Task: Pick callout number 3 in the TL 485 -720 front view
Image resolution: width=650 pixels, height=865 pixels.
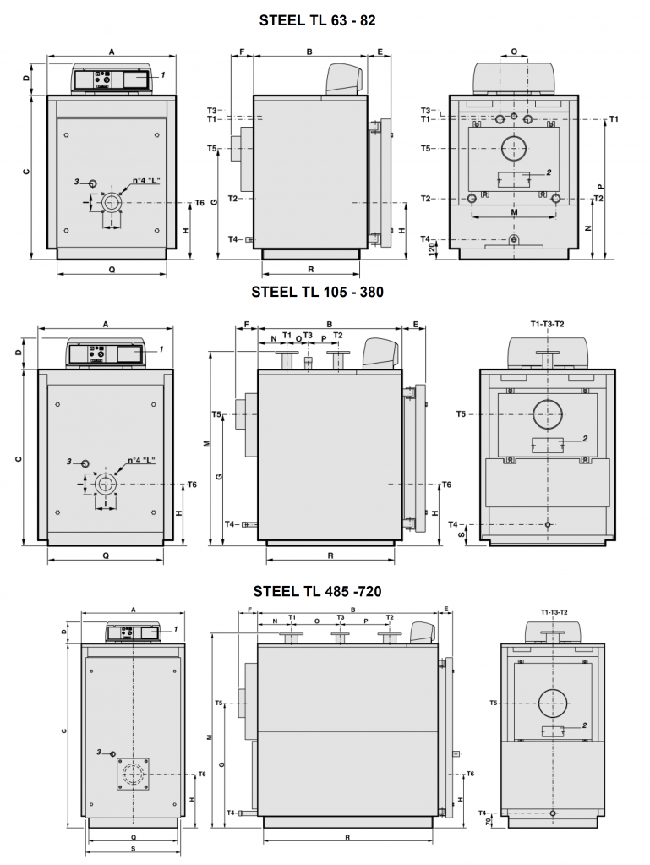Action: point(99,752)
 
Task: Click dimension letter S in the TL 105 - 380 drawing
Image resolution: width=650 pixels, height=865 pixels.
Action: point(461,534)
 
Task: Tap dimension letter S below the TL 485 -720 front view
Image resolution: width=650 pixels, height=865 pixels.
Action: point(134,847)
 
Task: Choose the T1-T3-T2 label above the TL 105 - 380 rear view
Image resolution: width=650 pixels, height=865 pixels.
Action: point(547,324)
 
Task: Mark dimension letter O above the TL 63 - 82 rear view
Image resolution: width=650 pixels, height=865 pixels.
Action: point(515,52)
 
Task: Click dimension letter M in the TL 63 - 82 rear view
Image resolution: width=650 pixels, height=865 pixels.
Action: point(515,213)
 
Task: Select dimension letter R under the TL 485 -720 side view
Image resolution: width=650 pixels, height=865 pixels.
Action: point(348,837)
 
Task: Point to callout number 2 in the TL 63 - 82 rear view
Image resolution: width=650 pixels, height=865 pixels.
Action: point(548,172)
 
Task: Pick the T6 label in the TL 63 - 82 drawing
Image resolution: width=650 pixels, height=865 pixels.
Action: point(199,203)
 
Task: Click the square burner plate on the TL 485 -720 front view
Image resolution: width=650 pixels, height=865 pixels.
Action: point(134,773)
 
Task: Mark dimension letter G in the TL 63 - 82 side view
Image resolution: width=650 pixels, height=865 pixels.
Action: point(215,201)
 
